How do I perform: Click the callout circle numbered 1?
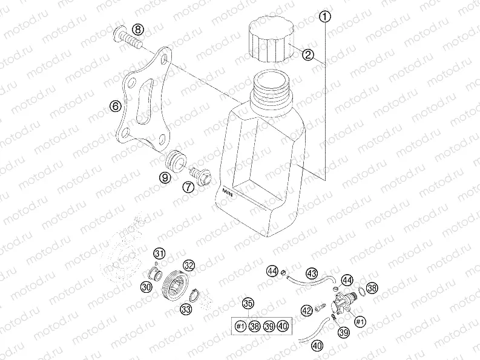(326, 17)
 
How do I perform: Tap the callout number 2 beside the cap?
(307, 56)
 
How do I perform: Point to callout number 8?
(139, 30)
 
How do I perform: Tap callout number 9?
(165, 177)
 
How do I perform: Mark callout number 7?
(189, 186)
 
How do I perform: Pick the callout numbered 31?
(159, 253)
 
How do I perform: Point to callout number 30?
(146, 286)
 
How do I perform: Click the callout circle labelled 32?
(189, 265)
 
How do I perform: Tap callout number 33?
(185, 309)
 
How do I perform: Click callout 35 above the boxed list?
(248, 304)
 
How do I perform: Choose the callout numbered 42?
(307, 310)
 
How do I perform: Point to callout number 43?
(312, 273)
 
